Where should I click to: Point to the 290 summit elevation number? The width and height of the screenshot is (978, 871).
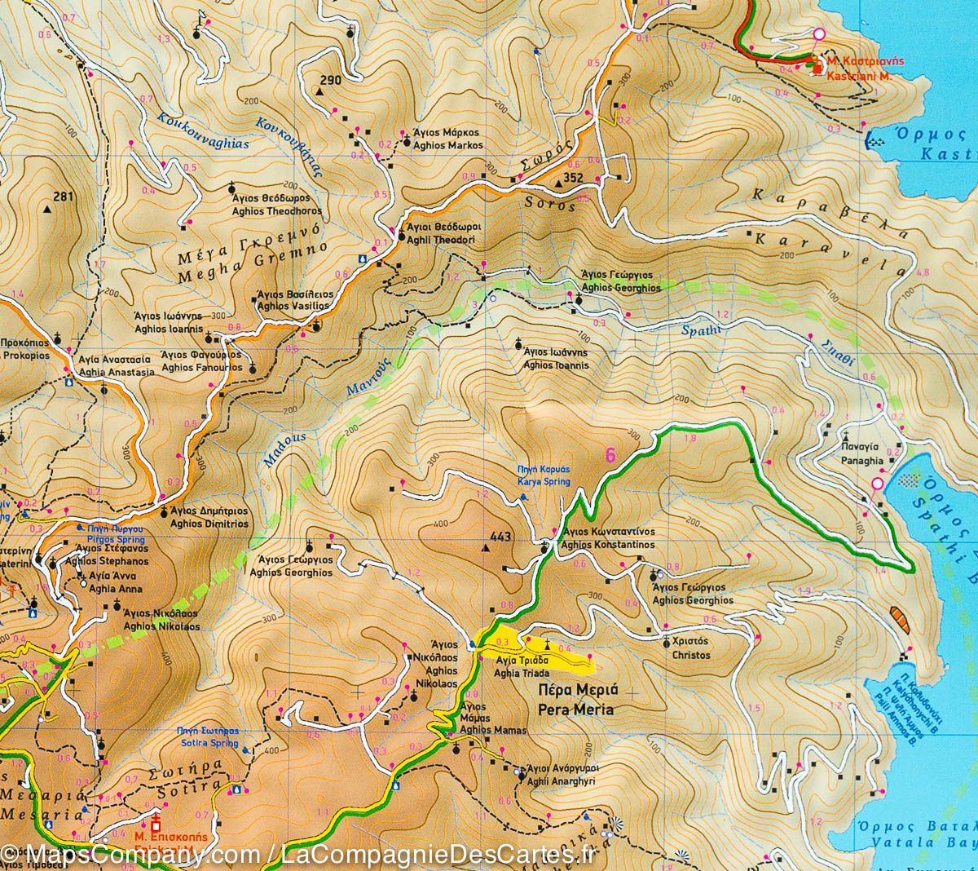[330, 80]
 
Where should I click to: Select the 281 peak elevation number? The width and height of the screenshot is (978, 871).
[63, 197]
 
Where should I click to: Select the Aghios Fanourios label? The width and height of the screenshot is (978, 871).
[202, 367]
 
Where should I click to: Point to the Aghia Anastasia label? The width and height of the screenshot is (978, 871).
[116, 372]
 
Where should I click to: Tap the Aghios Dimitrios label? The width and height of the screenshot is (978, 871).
[209, 524]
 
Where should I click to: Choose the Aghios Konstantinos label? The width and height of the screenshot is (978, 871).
[609, 544]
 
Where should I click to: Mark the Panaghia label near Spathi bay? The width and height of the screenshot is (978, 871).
[861, 460]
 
